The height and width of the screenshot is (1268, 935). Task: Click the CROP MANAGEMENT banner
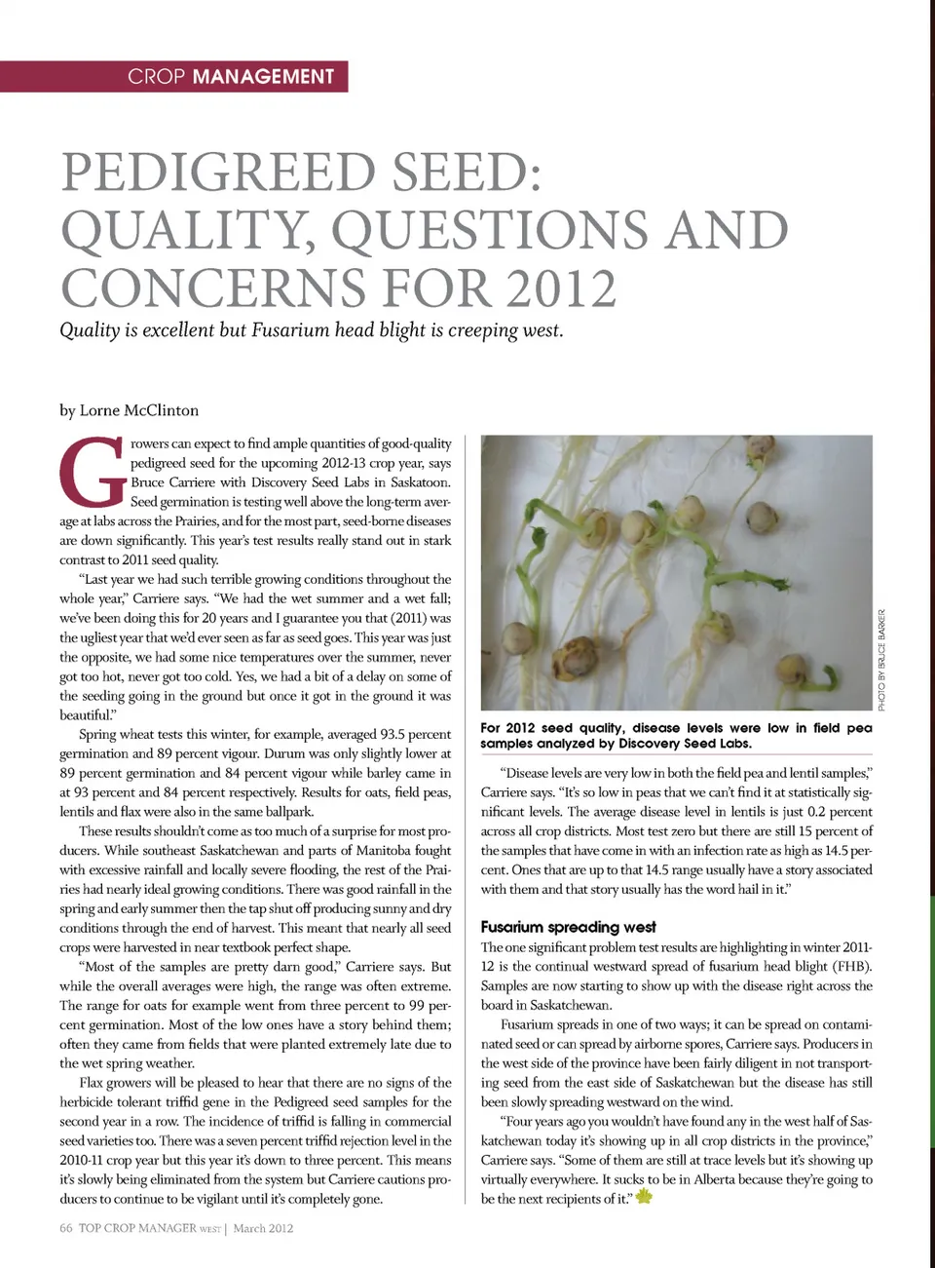pyautogui.click(x=231, y=77)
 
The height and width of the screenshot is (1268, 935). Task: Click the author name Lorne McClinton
pyautogui.click(x=138, y=410)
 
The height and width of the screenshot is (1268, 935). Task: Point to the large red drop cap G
pyautogui.click(x=93, y=473)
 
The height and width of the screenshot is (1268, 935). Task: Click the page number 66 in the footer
pyautogui.click(x=65, y=1228)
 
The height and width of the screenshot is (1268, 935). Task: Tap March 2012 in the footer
pyautogui.click(x=263, y=1228)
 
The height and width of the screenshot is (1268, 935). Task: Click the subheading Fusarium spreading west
pyautogui.click(x=568, y=927)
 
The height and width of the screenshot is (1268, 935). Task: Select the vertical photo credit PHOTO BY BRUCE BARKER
pyautogui.click(x=881, y=660)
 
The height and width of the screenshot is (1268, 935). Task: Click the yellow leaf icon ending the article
pyautogui.click(x=644, y=1197)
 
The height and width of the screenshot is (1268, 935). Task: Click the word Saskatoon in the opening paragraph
pyautogui.click(x=421, y=482)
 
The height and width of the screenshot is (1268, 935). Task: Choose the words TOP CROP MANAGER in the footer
pyautogui.click(x=137, y=1228)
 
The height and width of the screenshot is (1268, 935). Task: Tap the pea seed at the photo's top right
pyautogui.click(x=761, y=449)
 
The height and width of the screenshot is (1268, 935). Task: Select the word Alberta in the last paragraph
pyautogui.click(x=720, y=1179)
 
